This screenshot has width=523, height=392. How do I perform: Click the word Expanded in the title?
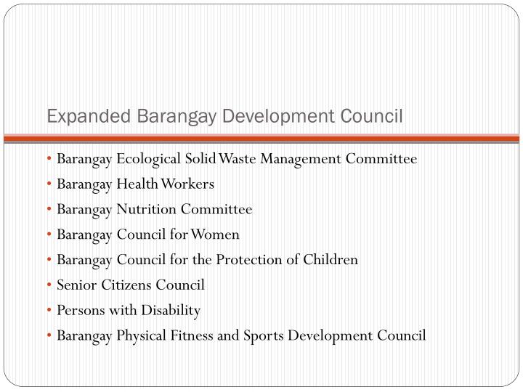click(x=79, y=116)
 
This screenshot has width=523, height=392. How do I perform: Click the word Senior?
click(x=75, y=285)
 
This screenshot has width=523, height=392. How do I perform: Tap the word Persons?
click(x=78, y=311)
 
